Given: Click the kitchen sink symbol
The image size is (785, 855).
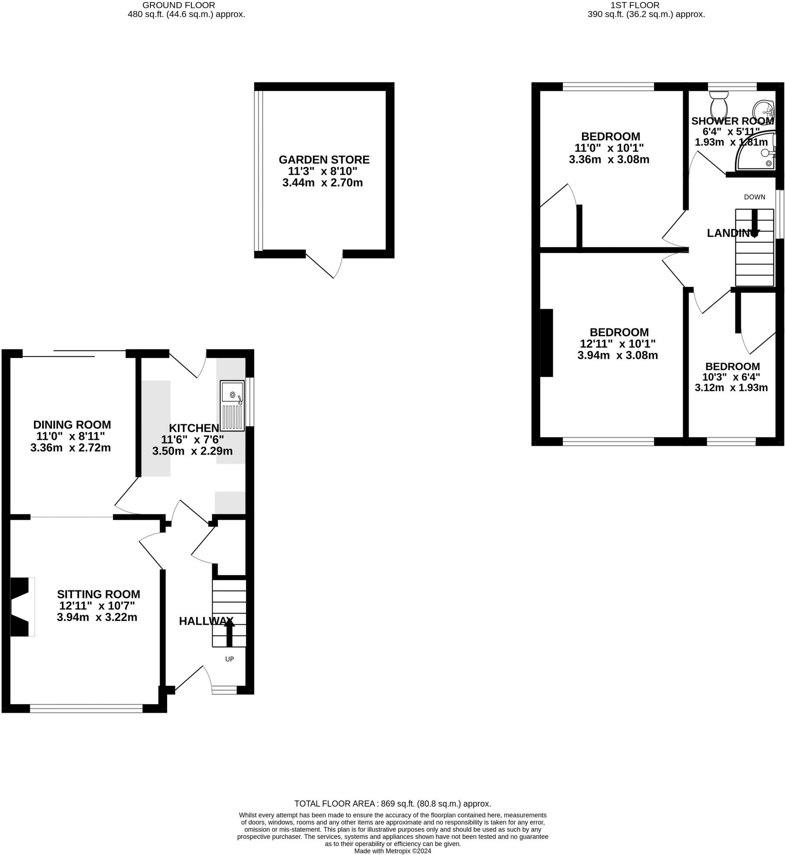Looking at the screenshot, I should (x=232, y=406).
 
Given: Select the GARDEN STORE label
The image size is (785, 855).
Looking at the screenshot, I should (x=324, y=160).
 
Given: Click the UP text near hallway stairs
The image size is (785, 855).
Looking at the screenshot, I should (x=229, y=659).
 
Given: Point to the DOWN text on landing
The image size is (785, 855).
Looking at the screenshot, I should (x=755, y=197).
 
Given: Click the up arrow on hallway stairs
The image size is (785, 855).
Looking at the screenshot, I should (x=229, y=632).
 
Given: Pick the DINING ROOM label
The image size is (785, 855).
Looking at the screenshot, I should (x=72, y=425).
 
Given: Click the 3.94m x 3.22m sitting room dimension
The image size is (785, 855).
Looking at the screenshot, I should (x=97, y=617).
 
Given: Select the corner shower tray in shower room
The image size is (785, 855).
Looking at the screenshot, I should (x=758, y=153).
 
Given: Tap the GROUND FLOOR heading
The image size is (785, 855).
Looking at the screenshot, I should (x=178, y=5).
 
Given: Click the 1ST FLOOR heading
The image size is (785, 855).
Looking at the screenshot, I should (x=635, y=5).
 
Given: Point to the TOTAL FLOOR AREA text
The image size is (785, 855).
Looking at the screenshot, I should (x=393, y=804).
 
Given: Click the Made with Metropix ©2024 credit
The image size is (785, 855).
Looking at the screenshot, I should (x=393, y=851).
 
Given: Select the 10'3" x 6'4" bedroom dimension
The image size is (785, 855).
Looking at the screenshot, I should (x=731, y=377).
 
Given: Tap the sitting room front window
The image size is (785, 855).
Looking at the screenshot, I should (x=86, y=708).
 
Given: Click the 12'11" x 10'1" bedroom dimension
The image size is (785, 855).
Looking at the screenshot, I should (x=617, y=344).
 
